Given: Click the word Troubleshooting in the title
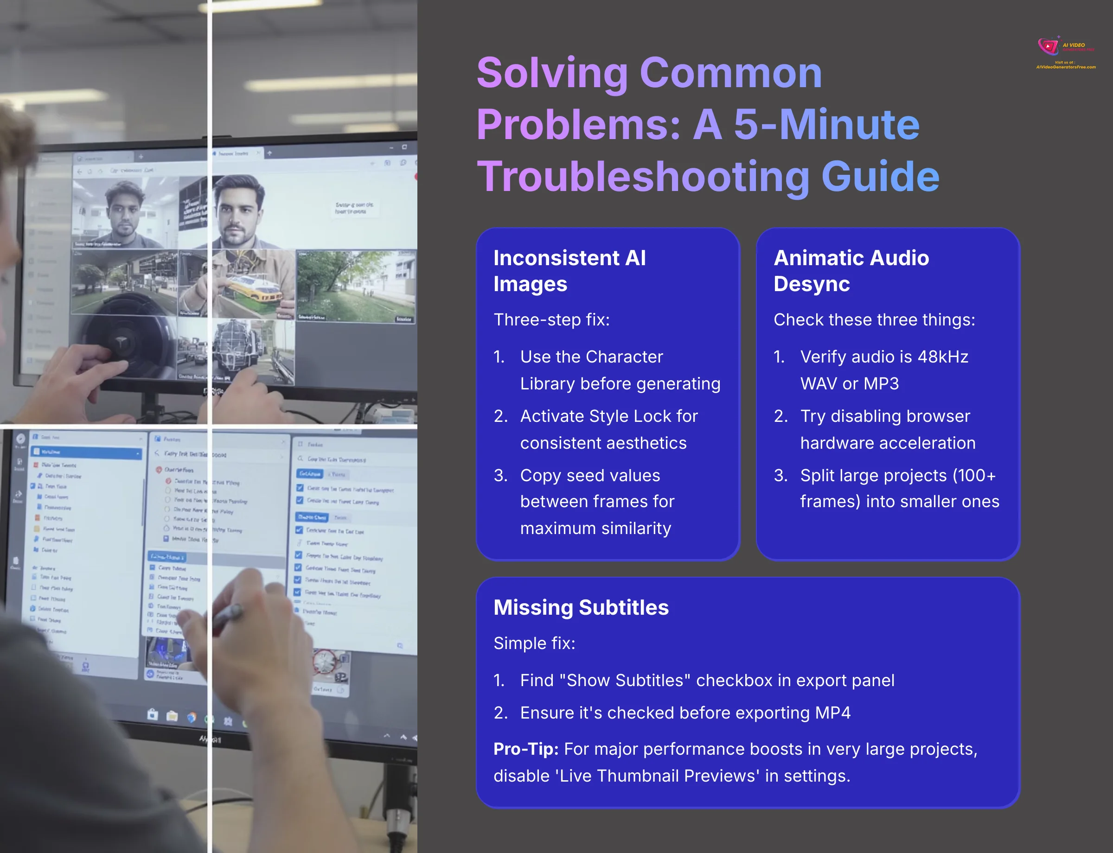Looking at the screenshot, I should pyautogui.click(x=643, y=177).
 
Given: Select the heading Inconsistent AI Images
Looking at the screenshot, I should pyautogui.click(x=569, y=271).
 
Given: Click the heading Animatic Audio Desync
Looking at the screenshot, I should pyautogui.click(x=851, y=271).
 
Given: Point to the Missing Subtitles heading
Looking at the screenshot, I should pyautogui.click(x=581, y=607).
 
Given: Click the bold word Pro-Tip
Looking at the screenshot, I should pyautogui.click(x=526, y=749).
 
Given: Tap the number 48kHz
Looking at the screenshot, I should pyautogui.click(x=942, y=357).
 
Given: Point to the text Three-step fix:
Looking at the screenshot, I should pyautogui.click(x=551, y=320).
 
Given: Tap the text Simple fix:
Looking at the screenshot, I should pyautogui.click(x=534, y=643).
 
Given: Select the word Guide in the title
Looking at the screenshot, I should pyautogui.click(x=880, y=177).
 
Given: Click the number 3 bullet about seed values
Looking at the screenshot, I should pyautogui.click(x=500, y=476).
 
